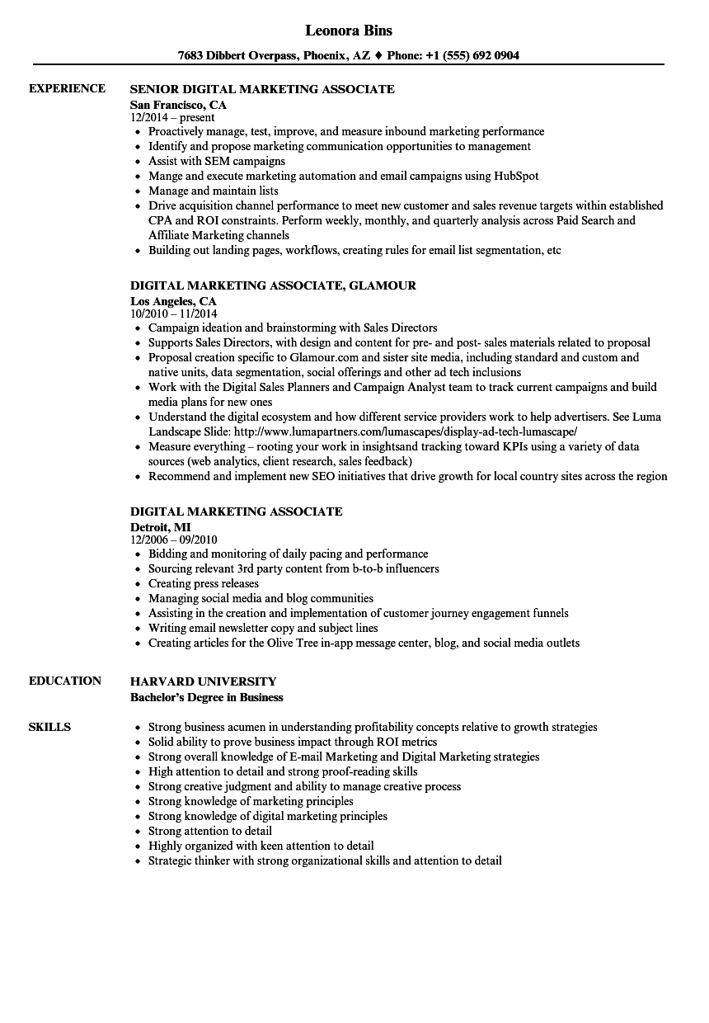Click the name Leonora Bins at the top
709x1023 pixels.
click(x=349, y=31)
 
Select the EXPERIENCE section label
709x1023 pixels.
click(x=67, y=88)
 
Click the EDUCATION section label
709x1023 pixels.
click(x=65, y=681)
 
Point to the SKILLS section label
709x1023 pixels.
click(x=49, y=727)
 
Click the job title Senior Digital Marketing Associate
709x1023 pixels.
click(x=262, y=89)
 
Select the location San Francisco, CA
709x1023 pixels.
click(x=178, y=105)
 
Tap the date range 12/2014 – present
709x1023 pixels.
click(x=172, y=118)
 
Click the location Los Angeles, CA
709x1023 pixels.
click(x=173, y=301)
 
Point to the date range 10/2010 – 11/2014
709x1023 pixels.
click(x=173, y=314)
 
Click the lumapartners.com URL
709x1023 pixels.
click(x=405, y=431)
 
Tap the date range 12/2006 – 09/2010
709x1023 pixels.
click(x=173, y=540)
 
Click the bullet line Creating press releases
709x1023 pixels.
click(x=203, y=583)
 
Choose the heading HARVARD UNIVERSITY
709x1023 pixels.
click(x=203, y=681)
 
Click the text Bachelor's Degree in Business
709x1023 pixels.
click(x=206, y=697)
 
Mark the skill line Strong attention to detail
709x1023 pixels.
click(x=209, y=831)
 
